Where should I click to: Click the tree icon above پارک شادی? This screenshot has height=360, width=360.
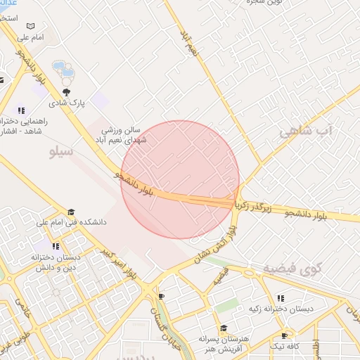[x=67, y=92]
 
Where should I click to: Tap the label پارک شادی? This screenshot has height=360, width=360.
[x=71, y=103]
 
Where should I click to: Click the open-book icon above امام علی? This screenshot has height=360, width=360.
[x=30, y=26]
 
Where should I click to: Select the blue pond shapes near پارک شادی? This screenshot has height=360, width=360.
[x=64, y=70]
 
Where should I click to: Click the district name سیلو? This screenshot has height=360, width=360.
[x=62, y=151]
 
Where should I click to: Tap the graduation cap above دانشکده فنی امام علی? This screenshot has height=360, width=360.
[x=70, y=212]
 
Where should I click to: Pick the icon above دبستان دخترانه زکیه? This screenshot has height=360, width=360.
[x=281, y=298]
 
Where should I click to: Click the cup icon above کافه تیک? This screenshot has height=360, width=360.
[x=284, y=336]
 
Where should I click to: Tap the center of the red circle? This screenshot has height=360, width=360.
[x=180, y=179]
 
